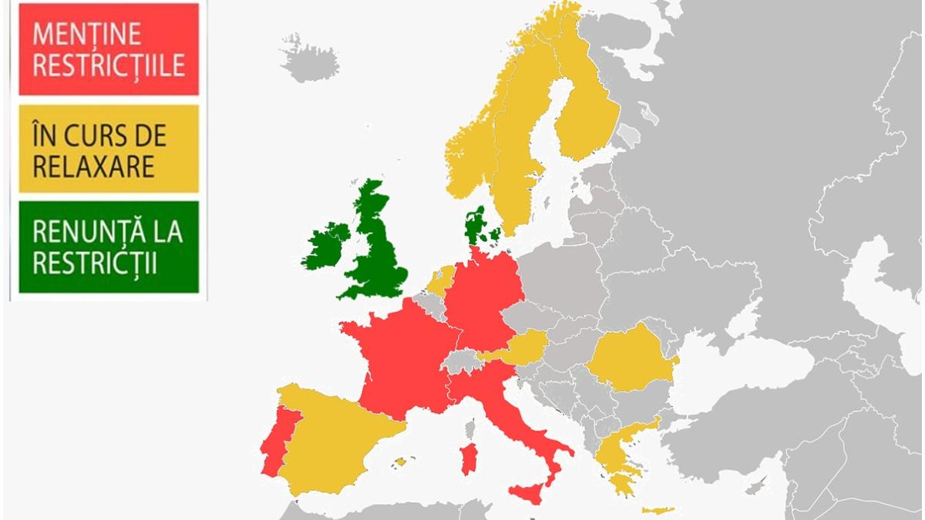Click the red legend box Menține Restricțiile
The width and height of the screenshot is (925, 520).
click(109, 49)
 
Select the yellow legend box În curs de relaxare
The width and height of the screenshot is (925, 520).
click(109, 149)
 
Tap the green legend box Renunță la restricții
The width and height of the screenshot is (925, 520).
click(109, 247)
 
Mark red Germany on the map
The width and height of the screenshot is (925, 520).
click(482, 300)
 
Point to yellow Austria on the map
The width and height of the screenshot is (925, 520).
click(523, 347)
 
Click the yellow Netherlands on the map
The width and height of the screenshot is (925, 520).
click(441, 279)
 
